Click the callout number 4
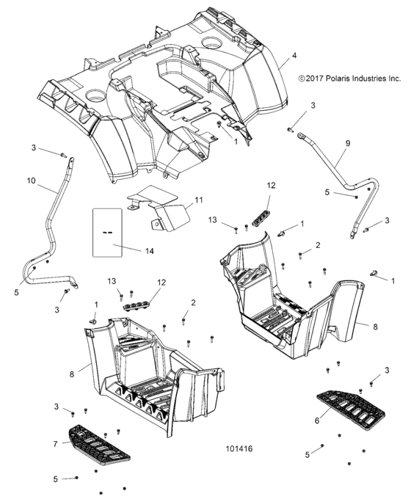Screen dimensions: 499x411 click(294, 56)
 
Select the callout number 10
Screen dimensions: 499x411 click(31, 180)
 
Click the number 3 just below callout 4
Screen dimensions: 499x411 click(313, 106)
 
